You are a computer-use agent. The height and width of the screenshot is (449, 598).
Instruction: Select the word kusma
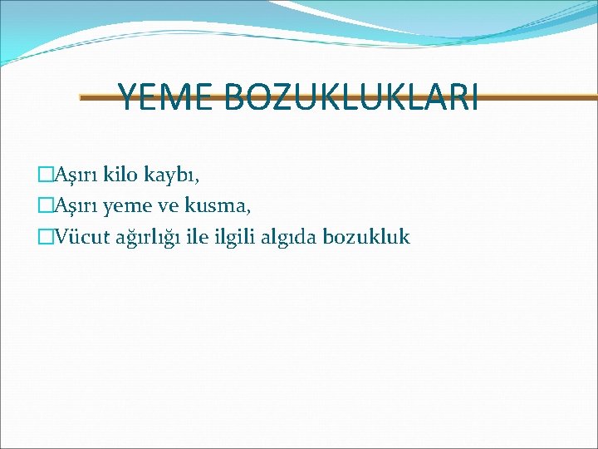point(218,206)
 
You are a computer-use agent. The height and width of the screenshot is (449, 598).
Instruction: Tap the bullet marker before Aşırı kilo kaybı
point(47,175)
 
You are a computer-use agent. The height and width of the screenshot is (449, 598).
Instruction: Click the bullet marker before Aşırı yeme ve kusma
point(47,205)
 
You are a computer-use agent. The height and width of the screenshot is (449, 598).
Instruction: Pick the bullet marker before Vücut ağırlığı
point(47,237)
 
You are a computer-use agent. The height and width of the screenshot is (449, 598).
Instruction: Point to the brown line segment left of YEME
point(98,97)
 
